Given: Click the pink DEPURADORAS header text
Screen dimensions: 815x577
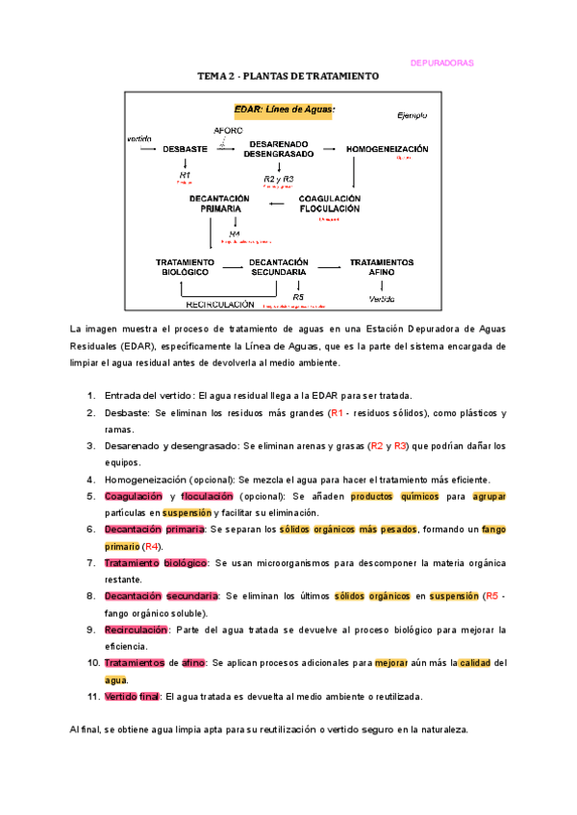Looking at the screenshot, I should pos(441,62).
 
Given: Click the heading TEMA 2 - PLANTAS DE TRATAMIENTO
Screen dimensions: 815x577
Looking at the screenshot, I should pos(288,76).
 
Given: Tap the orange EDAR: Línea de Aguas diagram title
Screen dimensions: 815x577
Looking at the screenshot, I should pos(286,111).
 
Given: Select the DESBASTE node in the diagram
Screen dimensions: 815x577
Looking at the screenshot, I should pos(185,150).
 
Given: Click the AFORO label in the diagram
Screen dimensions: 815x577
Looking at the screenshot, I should pos(228,130).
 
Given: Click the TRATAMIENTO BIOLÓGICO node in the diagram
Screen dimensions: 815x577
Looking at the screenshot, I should pos(185,266).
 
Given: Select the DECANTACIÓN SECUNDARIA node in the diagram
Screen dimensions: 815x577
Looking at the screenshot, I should pos(278,266).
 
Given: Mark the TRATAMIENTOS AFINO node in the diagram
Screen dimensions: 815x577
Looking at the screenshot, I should pos(382,266).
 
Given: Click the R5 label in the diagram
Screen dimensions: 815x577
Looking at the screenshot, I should pos(298,297).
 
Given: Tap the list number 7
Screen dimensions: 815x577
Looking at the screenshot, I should pos(91,562).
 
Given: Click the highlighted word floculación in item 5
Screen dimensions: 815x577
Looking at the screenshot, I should pos(208,496).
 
